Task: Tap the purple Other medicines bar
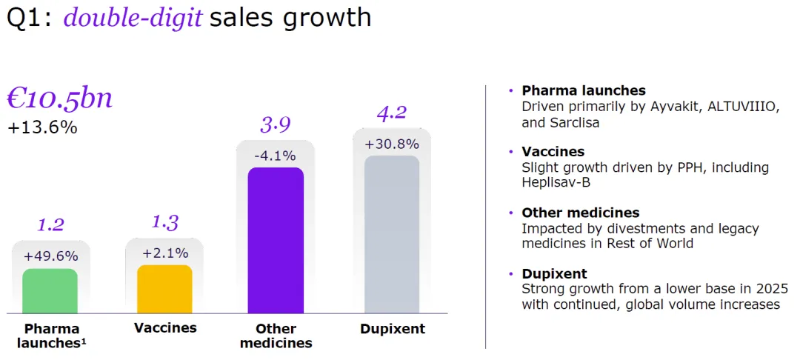click(x=276, y=241)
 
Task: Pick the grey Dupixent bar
click(x=392, y=235)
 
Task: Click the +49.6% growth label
click(x=50, y=256)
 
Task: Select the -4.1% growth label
click(x=276, y=156)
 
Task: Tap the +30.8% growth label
click(x=392, y=144)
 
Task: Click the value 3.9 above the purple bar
click(x=276, y=124)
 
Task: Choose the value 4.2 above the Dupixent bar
click(x=392, y=113)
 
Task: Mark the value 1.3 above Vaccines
click(x=164, y=221)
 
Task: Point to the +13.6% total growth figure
click(x=42, y=127)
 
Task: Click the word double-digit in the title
click(x=133, y=16)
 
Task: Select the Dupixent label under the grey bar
click(x=393, y=329)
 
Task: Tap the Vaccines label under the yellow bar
click(x=165, y=327)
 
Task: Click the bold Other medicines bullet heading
click(x=580, y=213)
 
